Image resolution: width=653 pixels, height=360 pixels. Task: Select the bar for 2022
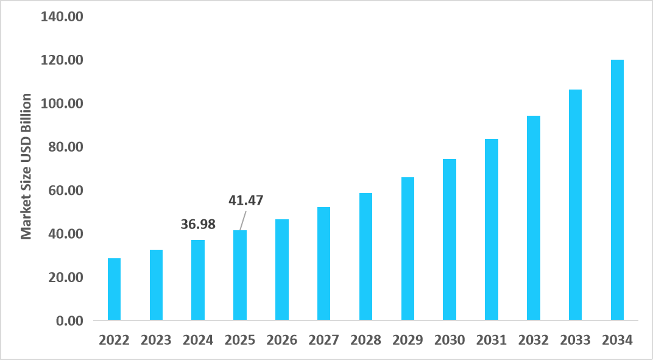click(x=114, y=289)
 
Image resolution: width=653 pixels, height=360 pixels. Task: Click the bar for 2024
click(x=198, y=280)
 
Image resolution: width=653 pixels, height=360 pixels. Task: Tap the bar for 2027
click(x=324, y=263)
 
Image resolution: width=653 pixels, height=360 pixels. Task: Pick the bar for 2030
click(x=450, y=239)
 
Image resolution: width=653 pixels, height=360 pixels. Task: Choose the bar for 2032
click(x=534, y=218)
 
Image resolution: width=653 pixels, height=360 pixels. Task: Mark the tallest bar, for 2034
click(x=617, y=189)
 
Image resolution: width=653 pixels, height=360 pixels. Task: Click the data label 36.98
click(x=198, y=224)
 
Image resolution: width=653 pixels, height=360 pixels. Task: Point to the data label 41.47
click(x=245, y=200)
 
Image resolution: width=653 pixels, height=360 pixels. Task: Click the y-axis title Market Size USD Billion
click(x=26, y=166)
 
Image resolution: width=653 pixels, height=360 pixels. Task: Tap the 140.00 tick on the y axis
click(x=62, y=17)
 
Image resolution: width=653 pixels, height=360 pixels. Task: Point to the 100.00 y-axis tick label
click(x=62, y=104)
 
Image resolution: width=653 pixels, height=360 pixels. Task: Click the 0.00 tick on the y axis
click(x=68, y=320)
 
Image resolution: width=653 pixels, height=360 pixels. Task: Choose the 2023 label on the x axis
click(x=156, y=340)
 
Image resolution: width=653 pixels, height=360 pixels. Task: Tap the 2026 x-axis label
click(x=282, y=340)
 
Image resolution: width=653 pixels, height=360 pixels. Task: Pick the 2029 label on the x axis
click(x=408, y=340)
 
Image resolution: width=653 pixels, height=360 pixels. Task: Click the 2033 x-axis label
click(x=575, y=340)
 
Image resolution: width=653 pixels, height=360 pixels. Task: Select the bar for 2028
click(x=365, y=256)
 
